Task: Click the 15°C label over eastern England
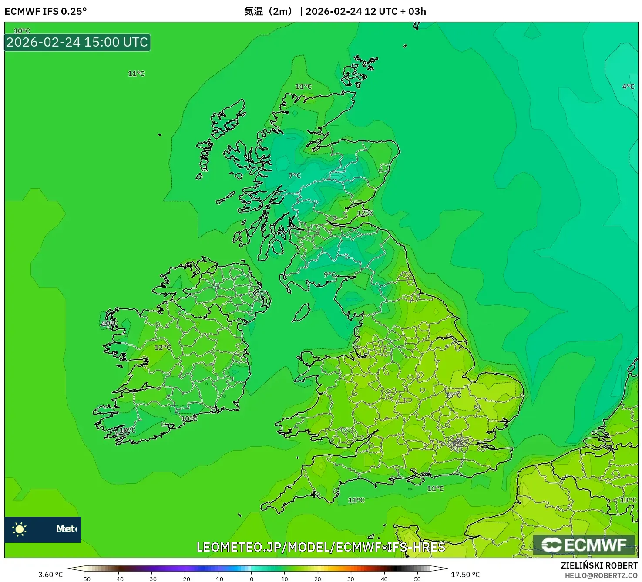pyautogui.click(x=453, y=395)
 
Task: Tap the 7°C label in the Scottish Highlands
pyautogui.click(x=295, y=175)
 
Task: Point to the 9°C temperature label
pyautogui.click(x=330, y=274)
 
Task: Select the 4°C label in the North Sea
pyautogui.click(x=628, y=87)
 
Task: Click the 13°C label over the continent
pyautogui.click(x=628, y=500)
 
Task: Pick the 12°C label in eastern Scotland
pyautogui.click(x=365, y=213)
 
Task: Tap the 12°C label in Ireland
pyautogui.click(x=163, y=348)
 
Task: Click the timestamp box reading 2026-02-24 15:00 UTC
pyautogui.click(x=77, y=43)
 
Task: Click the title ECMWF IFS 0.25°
pyautogui.click(x=46, y=11)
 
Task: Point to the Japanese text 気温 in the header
pyautogui.click(x=254, y=11)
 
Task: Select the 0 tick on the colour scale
pyautogui.click(x=252, y=579)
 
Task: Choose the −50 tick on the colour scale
pyautogui.click(x=85, y=579)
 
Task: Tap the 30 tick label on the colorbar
pyautogui.click(x=351, y=579)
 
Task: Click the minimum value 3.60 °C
pyautogui.click(x=50, y=575)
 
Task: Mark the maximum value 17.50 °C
pyautogui.click(x=465, y=575)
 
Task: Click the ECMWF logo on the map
pyautogui.click(x=584, y=545)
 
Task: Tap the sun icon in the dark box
pyautogui.click(x=20, y=529)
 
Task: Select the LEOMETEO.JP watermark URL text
pyautogui.click(x=321, y=547)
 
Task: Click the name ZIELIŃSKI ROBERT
pyautogui.click(x=599, y=565)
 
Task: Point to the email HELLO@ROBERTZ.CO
pyautogui.click(x=601, y=575)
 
